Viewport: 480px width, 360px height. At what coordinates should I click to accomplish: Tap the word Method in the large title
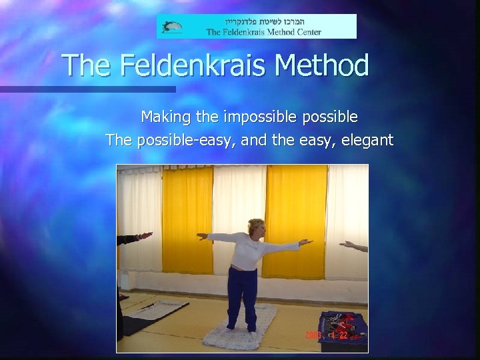[322, 66]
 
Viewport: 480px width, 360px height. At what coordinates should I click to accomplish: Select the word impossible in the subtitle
[257, 117]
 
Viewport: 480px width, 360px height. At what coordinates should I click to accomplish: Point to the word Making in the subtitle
[164, 117]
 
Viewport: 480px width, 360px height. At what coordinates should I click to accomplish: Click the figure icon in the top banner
[171, 27]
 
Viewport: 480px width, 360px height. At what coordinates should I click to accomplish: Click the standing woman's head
[255, 228]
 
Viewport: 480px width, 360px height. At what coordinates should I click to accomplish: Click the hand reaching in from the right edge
[351, 246]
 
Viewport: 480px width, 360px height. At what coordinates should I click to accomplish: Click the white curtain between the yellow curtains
[237, 200]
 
